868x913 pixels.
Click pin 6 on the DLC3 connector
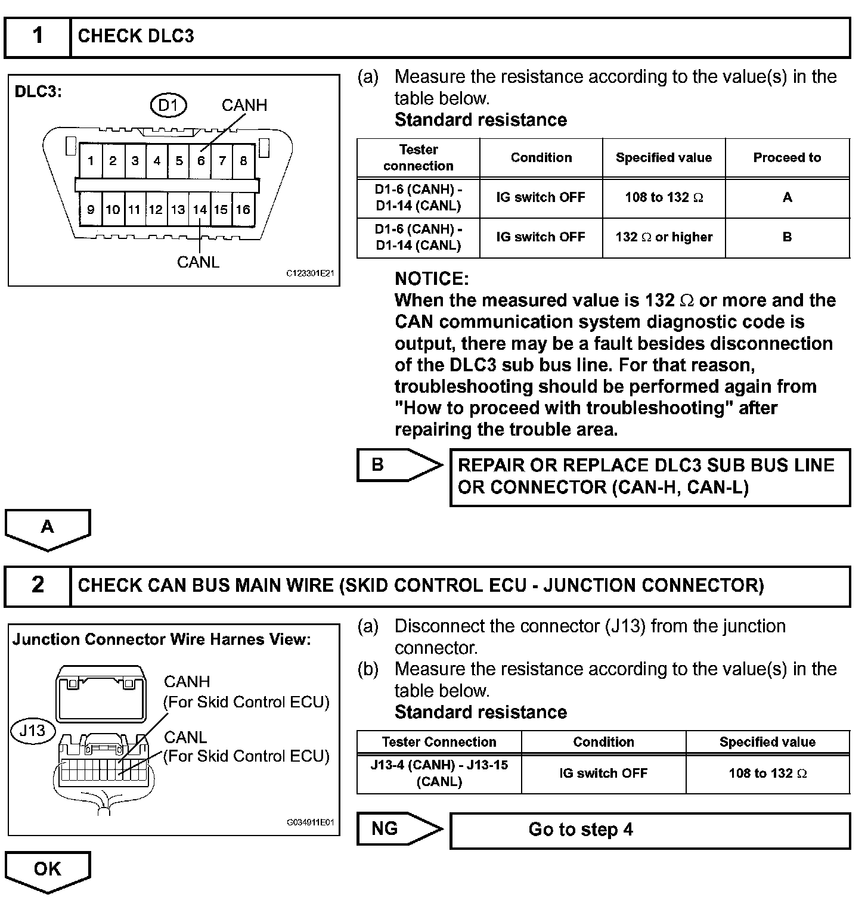click(x=201, y=160)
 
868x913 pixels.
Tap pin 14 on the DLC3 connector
click(x=200, y=209)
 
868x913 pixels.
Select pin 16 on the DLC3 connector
click(x=243, y=209)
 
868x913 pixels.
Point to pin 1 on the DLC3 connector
click(x=91, y=160)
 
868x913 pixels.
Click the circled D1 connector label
click(x=168, y=105)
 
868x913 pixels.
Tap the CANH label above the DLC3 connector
click(x=244, y=105)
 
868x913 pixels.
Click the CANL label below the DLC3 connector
click(x=198, y=262)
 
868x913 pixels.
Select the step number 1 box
click(x=38, y=36)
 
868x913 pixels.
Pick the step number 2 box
click(x=38, y=585)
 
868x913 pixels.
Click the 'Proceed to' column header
click(x=787, y=158)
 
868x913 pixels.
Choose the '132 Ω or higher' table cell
click(x=664, y=237)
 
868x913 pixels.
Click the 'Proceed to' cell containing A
click(x=787, y=197)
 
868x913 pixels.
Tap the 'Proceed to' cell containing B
click(x=787, y=237)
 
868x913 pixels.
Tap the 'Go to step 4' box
click(x=649, y=830)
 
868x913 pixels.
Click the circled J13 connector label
click(x=32, y=731)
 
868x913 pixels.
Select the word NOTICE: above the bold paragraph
click(x=432, y=279)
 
